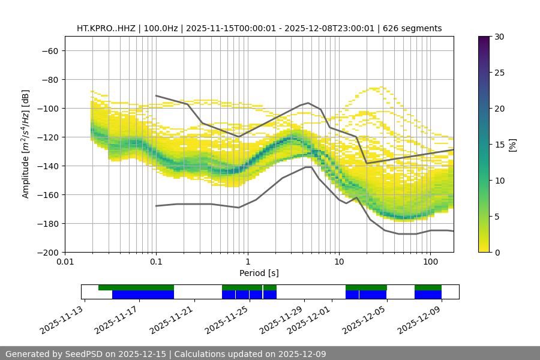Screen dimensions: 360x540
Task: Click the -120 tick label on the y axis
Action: (49, 137)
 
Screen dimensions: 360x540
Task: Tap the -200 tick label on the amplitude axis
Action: (49, 252)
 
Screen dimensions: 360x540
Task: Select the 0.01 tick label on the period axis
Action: (65, 262)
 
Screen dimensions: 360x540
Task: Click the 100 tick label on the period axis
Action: (430, 262)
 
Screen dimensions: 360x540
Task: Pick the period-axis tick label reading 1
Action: (248, 262)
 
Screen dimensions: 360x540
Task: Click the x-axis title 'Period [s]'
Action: (259, 273)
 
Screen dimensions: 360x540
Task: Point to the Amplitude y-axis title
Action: (26, 144)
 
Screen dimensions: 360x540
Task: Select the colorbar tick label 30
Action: (499, 37)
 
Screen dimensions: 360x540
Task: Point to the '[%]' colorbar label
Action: (512, 145)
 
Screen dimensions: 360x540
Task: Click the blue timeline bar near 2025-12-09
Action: (428, 295)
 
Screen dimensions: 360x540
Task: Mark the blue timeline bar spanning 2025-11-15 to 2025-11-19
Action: (143, 295)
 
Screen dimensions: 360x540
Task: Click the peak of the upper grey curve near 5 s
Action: (308, 103)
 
